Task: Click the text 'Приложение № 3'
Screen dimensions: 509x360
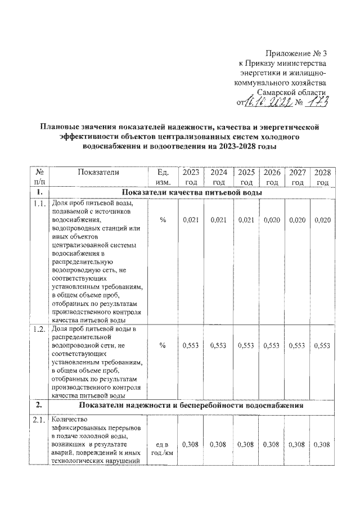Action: (296, 53)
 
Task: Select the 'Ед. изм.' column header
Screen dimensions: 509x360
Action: (163, 177)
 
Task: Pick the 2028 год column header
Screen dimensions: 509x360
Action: (322, 177)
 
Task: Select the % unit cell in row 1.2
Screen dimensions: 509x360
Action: (163, 346)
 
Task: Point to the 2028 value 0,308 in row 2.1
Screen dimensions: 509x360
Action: (322, 444)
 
